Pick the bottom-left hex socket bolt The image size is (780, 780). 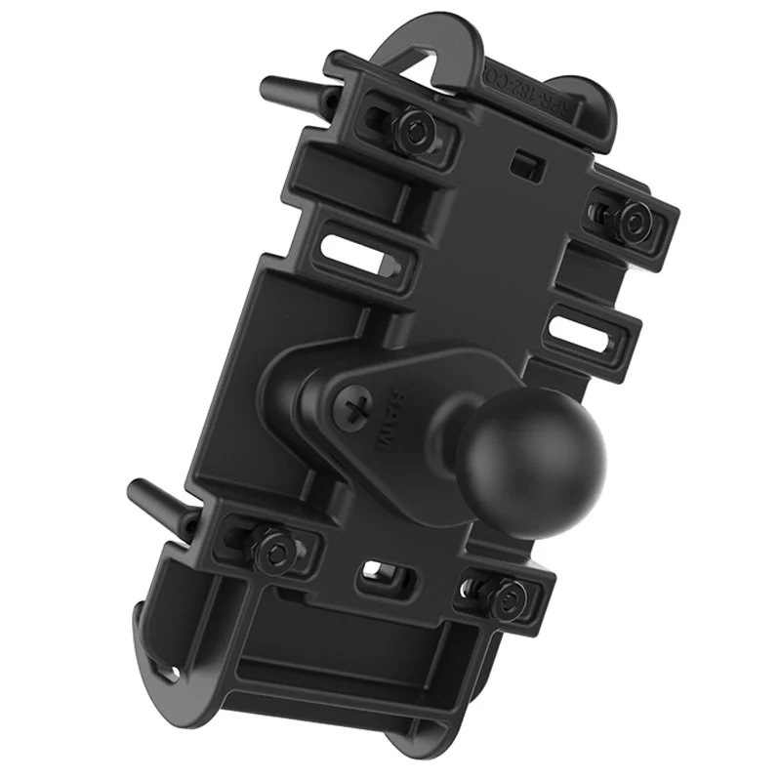274,549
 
